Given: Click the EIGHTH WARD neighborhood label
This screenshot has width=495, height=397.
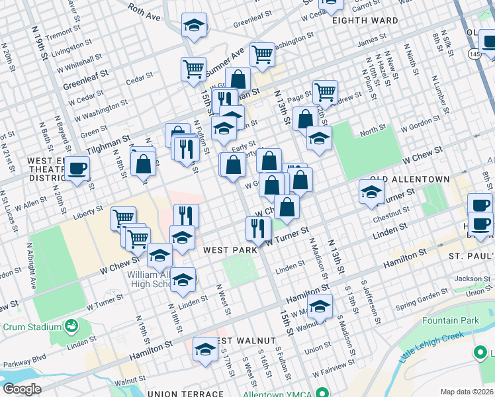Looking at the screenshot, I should coord(365,21).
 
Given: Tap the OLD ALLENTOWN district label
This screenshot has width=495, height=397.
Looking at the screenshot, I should coord(410,179).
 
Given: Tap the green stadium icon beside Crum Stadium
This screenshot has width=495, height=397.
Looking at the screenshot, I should coord(70,326).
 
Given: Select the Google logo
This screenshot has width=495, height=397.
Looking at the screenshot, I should coord(21,388).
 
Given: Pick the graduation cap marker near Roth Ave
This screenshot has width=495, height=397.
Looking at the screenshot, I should coord(194,26).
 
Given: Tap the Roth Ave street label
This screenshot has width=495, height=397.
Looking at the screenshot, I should coord(145,9).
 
